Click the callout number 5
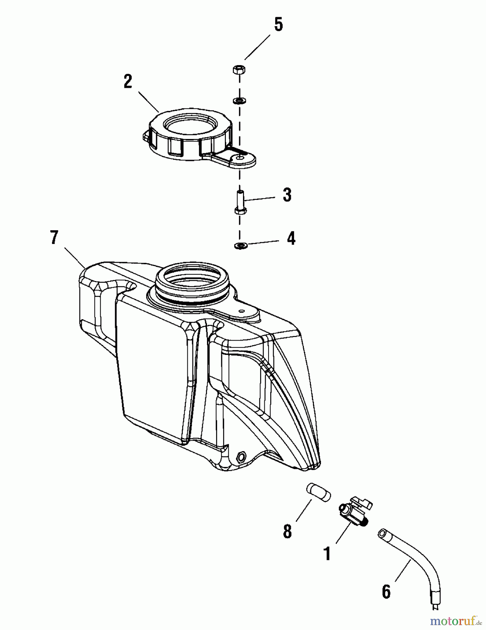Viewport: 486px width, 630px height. coord(278,25)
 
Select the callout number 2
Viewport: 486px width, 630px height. coord(128,82)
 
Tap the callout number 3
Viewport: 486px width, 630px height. coord(287,195)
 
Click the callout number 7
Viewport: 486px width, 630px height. coord(53,238)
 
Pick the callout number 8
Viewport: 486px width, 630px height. coord(287,531)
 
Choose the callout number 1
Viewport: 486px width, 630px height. coord(327,554)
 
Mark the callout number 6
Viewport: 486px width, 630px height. coord(386,591)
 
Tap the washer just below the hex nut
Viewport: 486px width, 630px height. coord(239,101)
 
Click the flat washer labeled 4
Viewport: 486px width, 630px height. coord(240,246)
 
